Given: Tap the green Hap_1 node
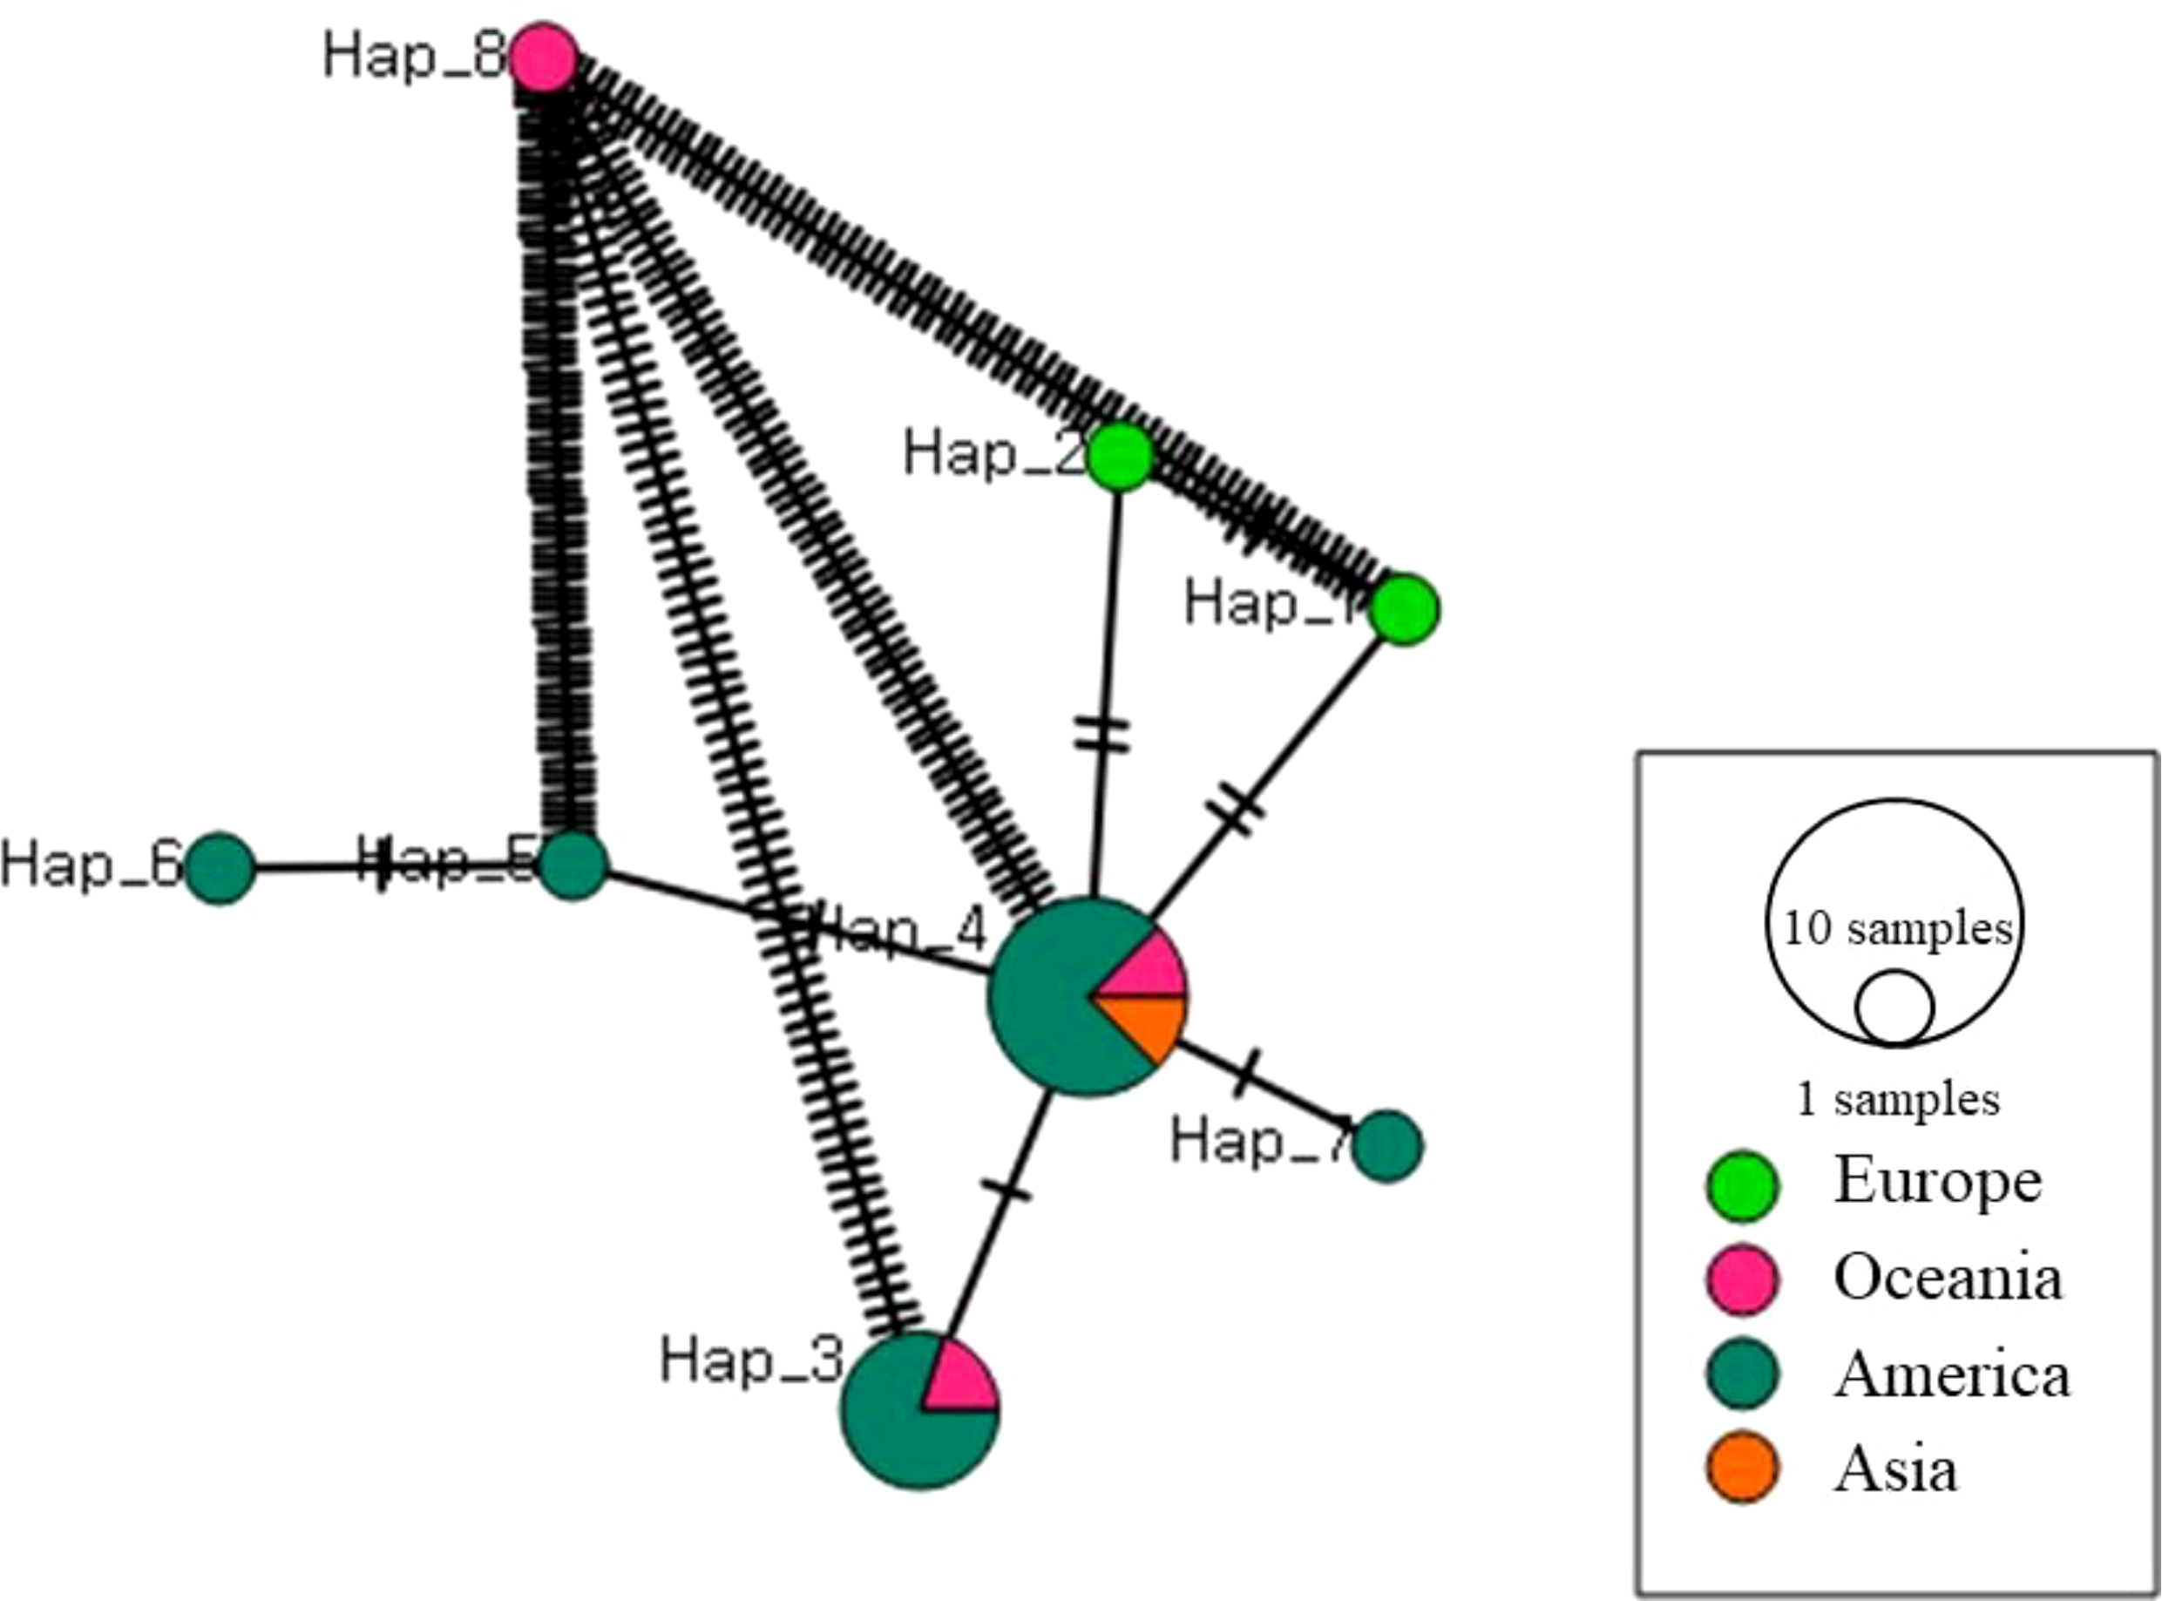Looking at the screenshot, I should tap(1405, 609).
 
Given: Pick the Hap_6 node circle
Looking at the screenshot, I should tap(220, 868).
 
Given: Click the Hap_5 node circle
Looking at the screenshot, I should tap(573, 865).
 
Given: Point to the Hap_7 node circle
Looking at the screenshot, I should tap(1387, 1146).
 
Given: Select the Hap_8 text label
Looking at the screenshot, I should tap(415, 56).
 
